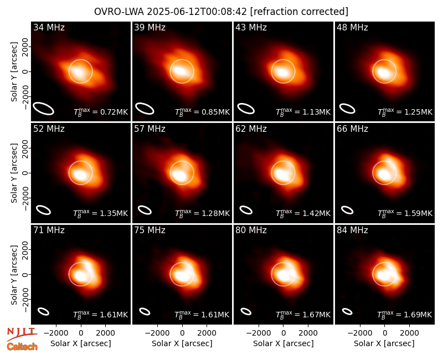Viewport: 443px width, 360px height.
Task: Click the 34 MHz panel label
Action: [49, 27]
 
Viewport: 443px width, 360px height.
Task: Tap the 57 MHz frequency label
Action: [150, 129]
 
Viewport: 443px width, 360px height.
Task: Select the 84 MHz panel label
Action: [352, 230]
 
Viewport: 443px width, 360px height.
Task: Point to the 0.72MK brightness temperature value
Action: [110, 112]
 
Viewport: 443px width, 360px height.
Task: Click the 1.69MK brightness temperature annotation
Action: [414, 315]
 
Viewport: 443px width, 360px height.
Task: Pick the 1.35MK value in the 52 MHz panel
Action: [110, 213]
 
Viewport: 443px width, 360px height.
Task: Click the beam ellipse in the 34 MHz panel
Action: [44, 109]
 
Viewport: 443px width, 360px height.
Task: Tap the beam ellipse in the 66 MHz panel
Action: [347, 210]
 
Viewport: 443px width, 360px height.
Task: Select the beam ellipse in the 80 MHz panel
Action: [246, 311]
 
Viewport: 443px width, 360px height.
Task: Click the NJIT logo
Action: [22, 333]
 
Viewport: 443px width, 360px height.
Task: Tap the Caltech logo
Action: [22, 347]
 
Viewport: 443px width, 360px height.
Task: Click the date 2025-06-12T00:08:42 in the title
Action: [197, 12]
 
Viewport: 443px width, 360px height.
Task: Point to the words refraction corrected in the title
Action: [299, 12]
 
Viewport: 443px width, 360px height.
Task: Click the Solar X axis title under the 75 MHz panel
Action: [182, 343]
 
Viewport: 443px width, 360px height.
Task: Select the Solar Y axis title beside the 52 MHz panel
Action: [14, 173]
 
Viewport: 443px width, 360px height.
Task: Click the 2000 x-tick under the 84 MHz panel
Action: [409, 333]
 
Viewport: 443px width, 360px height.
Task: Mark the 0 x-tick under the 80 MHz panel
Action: [284, 333]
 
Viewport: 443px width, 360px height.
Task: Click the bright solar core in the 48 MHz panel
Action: [383, 73]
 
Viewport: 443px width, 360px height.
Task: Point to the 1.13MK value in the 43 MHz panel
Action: [313, 112]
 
